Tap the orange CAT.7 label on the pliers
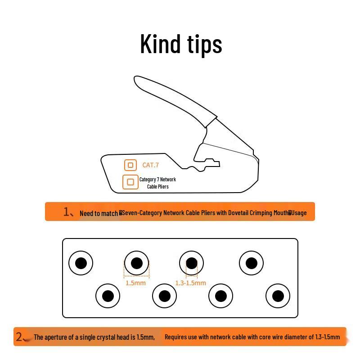[x=150, y=165]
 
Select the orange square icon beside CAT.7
[x=130, y=165]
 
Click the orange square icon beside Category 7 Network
[x=130, y=182]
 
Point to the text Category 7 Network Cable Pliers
[x=157, y=183]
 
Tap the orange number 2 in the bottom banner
[x=19, y=337]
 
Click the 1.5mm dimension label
[x=135, y=283]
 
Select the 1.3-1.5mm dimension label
[x=190, y=283]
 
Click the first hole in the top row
[x=81, y=263]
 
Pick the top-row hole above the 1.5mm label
[x=136, y=263]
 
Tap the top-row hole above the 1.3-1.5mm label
[x=191, y=263]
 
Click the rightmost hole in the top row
[x=251, y=263]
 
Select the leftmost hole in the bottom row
[x=108, y=296]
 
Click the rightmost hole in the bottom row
[x=278, y=296]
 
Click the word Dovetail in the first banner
[x=240, y=213]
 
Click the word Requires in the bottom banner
[x=175, y=337]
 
